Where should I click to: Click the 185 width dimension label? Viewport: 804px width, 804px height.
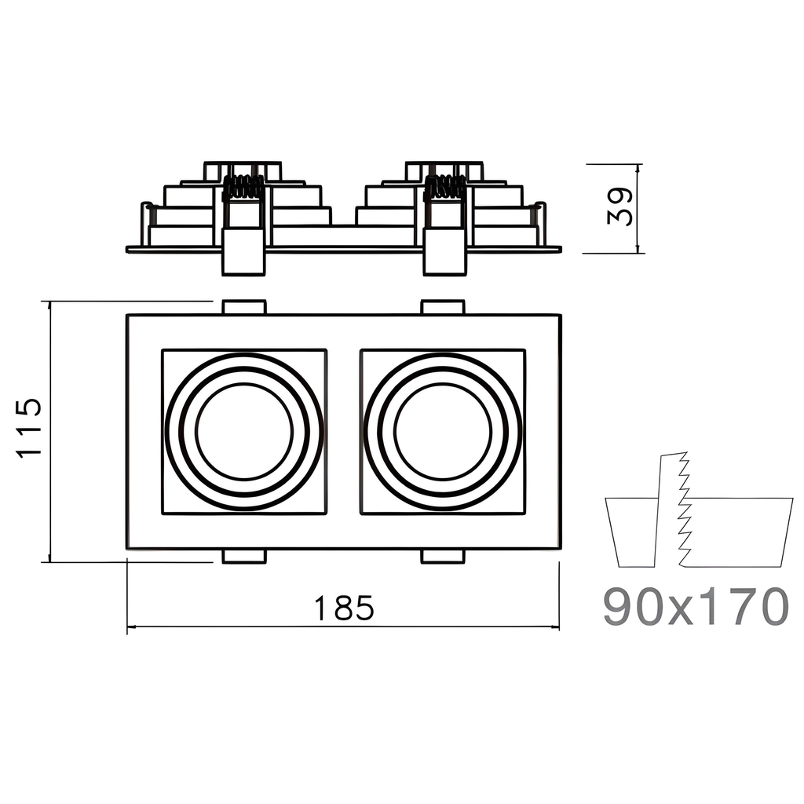[x=343, y=608]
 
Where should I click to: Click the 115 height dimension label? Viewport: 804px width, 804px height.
[x=29, y=429]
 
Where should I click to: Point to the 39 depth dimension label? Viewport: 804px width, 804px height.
[x=620, y=206]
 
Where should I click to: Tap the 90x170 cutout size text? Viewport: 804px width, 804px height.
[x=696, y=606]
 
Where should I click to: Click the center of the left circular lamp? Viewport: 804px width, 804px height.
[x=244, y=431]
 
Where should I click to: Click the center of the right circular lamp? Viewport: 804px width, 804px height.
[x=443, y=431]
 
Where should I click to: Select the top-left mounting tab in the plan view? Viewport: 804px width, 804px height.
[x=244, y=306]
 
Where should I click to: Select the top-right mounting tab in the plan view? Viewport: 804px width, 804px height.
[x=443, y=306]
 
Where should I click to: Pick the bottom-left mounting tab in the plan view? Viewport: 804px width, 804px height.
[x=244, y=557]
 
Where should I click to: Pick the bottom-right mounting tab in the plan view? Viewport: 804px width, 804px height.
[x=443, y=557]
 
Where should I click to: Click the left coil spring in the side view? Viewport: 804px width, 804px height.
[x=243, y=187]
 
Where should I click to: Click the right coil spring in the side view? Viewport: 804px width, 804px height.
[x=444, y=187]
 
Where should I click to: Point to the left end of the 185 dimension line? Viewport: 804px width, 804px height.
[x=128, y=627]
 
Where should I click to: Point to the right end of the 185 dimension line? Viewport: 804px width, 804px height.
[x=559, y=627]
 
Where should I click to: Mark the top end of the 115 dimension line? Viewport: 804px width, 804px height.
[x=50, y=301]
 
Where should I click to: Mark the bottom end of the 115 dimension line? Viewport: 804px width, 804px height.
[x=50, y=561]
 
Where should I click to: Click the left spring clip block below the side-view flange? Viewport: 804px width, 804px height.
[x=243, y=253]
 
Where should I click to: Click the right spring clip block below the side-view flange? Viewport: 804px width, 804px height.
[x=444, y=253]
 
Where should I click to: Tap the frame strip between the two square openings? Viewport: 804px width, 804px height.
[x=343, y=431]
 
